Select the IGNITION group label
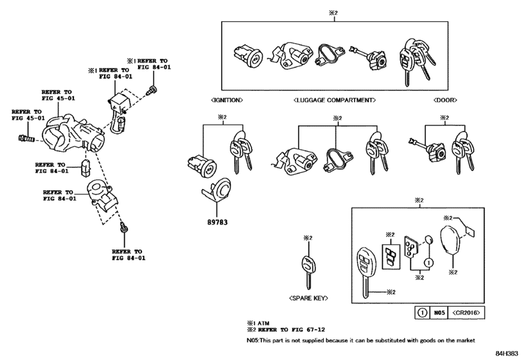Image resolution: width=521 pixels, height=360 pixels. [x=226, y=100]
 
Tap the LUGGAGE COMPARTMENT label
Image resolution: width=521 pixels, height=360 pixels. [x=334, y=100]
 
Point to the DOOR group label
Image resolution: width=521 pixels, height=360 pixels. [x=444, y=100]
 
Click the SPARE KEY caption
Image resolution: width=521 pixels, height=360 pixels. [x=308, y=298]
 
